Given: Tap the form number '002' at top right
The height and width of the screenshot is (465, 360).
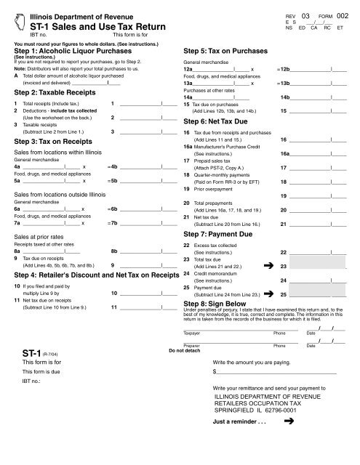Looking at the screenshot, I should tap(343, 15).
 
